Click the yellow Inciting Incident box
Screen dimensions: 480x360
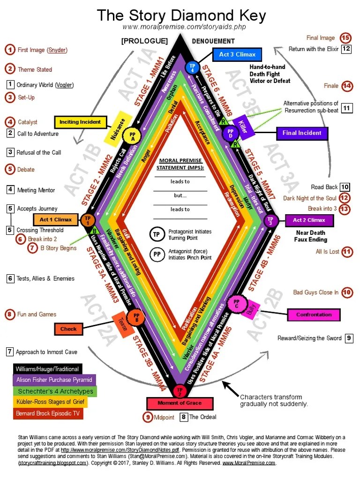(80, 122)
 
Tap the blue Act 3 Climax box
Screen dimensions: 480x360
(237, 55)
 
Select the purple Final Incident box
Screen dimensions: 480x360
(301, 133)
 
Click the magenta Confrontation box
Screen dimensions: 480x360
(314, 315)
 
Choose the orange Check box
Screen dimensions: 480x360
(68, 329)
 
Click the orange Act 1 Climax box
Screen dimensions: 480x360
(56, 219)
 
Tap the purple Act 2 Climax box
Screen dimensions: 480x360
(309, 220)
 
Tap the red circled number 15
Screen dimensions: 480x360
(346, 38)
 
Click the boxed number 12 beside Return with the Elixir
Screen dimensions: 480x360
(346, 49)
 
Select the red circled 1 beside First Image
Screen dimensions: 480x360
(10, 49)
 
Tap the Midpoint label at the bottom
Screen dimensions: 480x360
(164, 417)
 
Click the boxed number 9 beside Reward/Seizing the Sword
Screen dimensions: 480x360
(349, 338)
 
